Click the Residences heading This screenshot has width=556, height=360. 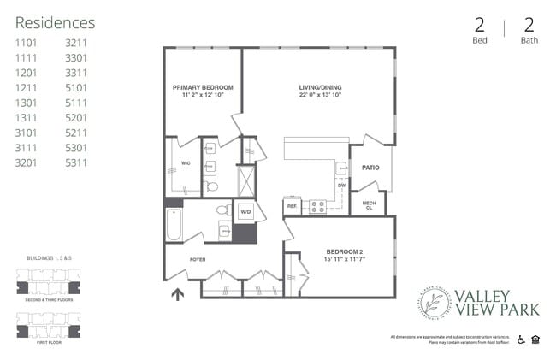click(x=56, y=23)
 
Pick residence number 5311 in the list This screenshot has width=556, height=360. click(x=77, y=162)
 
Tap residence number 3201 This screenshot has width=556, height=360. click(x=27, y=162)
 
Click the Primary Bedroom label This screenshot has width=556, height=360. click(x=203, y=87)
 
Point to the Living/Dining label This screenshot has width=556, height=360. click(x=321, y=87)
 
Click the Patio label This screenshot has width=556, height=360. click(x=370, y=168)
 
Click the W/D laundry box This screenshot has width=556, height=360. click(x=245, y=210)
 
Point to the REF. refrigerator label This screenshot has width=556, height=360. click(x=292, y=206)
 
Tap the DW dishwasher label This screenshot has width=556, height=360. click(x=340, y=185)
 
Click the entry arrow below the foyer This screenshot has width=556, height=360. click(x=178, y=296)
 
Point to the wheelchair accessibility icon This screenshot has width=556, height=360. click(x=522, y=340)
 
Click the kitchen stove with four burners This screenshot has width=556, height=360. click(x=316, y=206)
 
